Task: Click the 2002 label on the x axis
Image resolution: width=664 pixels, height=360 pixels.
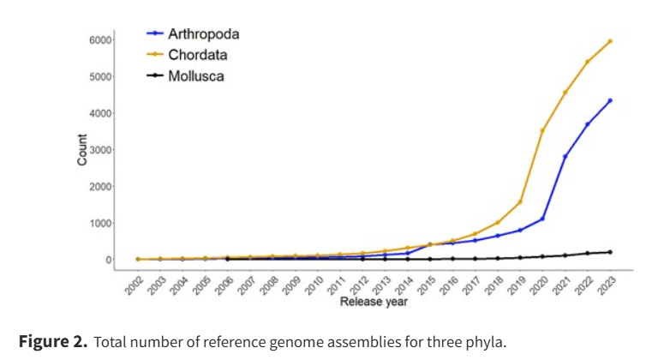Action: [133, 285]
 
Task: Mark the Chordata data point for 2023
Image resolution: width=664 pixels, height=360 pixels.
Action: [610, 41]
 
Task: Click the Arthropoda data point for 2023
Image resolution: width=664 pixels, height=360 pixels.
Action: [610, 100]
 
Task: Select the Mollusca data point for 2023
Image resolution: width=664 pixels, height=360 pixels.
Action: [610, 252]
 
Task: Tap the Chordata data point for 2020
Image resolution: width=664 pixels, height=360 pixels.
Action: [542, 130]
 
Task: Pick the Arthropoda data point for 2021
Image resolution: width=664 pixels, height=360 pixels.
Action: [565, 157]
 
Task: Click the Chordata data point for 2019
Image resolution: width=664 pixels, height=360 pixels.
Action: [520, 202]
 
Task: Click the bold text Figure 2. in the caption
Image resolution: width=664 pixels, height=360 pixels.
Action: [53, 342]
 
